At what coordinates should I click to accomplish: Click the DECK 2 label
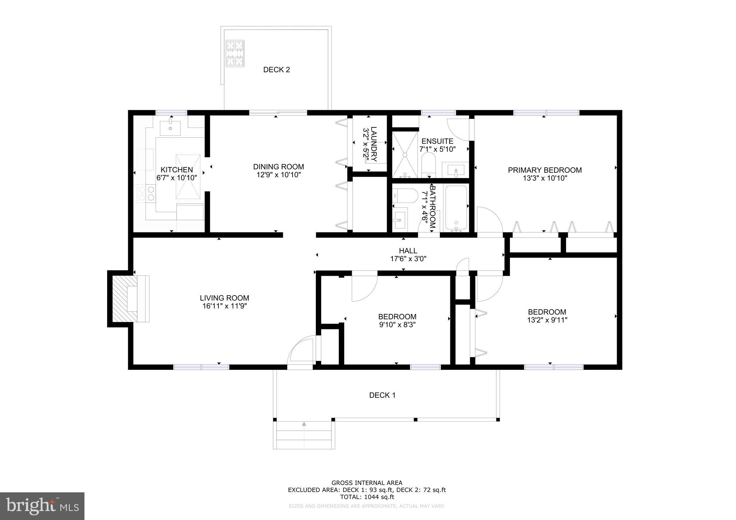tap(276, 70)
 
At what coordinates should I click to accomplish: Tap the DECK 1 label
tap(382, 395)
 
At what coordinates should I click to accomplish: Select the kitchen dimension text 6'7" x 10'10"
tap(177, 177)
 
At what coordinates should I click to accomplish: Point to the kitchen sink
tap(170, 128)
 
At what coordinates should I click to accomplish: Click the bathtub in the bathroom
tap(456, 208)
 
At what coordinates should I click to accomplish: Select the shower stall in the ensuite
tap(405, 155)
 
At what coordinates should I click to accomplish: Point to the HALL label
tap(408, 251)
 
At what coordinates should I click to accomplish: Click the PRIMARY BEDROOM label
tap(545, 170)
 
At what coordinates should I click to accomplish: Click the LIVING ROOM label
tap(225, 298)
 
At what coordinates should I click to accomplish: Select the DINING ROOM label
tap(279, 167)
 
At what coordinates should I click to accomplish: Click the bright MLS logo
tap(42, 506)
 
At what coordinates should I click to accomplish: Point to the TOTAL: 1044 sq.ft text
tap(367, 497)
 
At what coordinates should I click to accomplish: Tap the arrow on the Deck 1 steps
tap(304, 424)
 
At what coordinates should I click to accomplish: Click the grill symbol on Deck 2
tap(235, 53)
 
